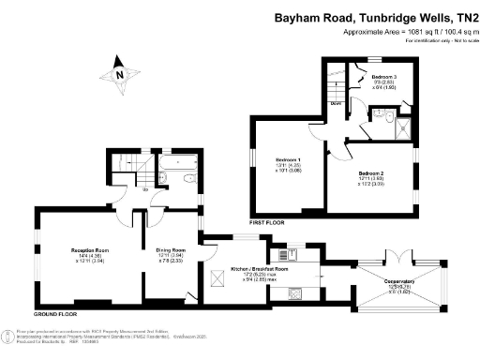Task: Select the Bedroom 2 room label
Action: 372,172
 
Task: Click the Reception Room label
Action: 91,250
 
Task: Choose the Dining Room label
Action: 171,250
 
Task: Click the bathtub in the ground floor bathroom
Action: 177,161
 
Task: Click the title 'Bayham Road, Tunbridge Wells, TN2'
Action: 375,17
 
